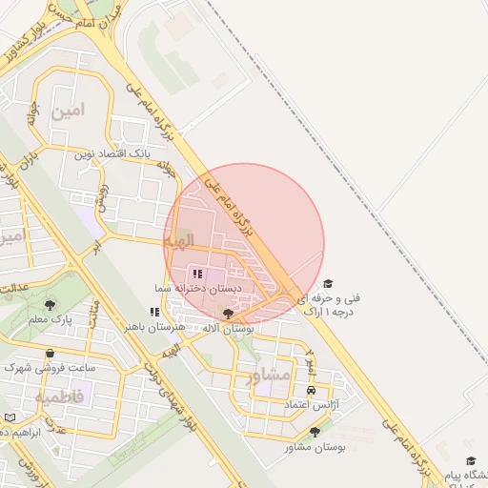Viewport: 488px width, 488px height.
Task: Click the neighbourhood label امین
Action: [x=71, y=111]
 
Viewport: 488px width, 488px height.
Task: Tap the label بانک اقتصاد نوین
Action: [x=112, y=152]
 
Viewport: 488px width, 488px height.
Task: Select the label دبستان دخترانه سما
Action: [x=200, y=287]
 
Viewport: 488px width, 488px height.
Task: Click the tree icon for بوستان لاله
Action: [x=227, y=313]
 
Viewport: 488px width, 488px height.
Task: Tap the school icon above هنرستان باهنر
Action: [x=154, y=312]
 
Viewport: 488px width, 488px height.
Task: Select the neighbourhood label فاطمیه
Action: [x=59, y=395]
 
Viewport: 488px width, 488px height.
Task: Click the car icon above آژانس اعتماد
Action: [x=312, y=391]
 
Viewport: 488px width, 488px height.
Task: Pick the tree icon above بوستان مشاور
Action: [x=315, y=432]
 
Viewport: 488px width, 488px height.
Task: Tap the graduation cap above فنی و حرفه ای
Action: [x=328, y=284]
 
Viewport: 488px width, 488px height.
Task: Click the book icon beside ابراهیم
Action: [x=9, y=417]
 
